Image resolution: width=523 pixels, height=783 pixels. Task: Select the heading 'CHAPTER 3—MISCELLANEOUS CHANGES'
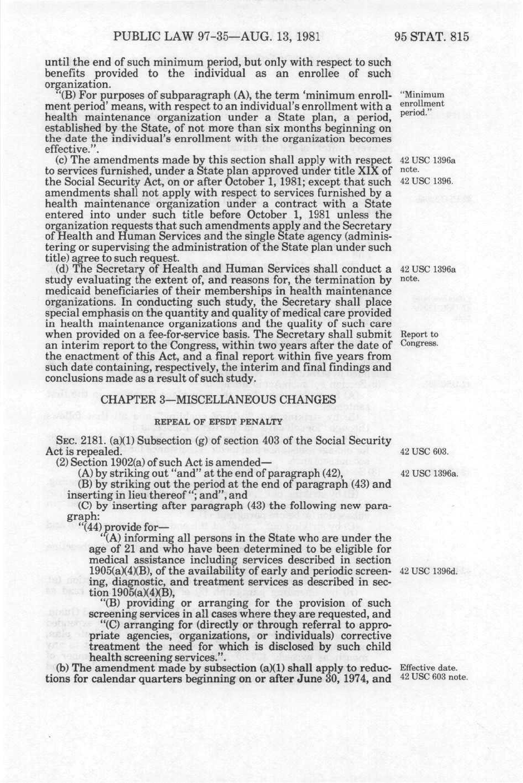[218, 400]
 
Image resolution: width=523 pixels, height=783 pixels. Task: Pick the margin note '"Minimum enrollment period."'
[422, 104]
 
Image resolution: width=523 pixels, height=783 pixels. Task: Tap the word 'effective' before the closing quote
[63, 148]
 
